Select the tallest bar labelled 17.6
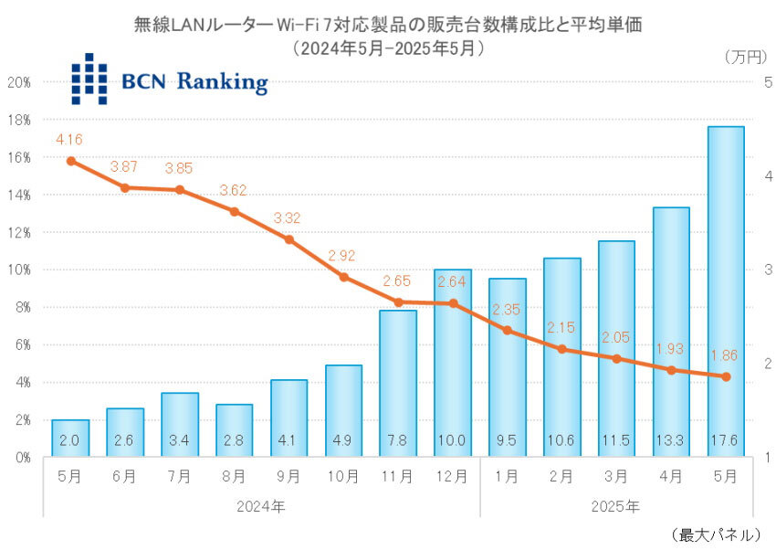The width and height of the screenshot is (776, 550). [x=726, y=292]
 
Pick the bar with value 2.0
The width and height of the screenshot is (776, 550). [x=70, y=439]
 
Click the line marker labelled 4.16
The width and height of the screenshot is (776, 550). [x=70, y=161]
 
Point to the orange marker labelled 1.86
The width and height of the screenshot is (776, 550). [x=726, y=376]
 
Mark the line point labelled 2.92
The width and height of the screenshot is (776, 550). [x=343, y=277]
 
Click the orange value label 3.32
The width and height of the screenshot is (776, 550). [x=288, y=218]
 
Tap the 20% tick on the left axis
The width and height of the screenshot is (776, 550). [x=20, y=82]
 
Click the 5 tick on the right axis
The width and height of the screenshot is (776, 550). [x=768, y=82]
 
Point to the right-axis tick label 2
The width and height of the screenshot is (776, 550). [x=768, y=364]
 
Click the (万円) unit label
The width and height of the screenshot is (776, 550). [x=746, y=57]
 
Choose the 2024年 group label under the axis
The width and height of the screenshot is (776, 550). [x=261, y=504]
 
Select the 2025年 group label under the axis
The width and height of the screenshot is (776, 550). [x=617, y=504]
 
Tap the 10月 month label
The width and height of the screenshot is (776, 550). [x=343, y=476]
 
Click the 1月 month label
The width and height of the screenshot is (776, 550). [x=508, y=476]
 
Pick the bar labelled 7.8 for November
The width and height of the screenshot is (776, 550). [x=398, y=384]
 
